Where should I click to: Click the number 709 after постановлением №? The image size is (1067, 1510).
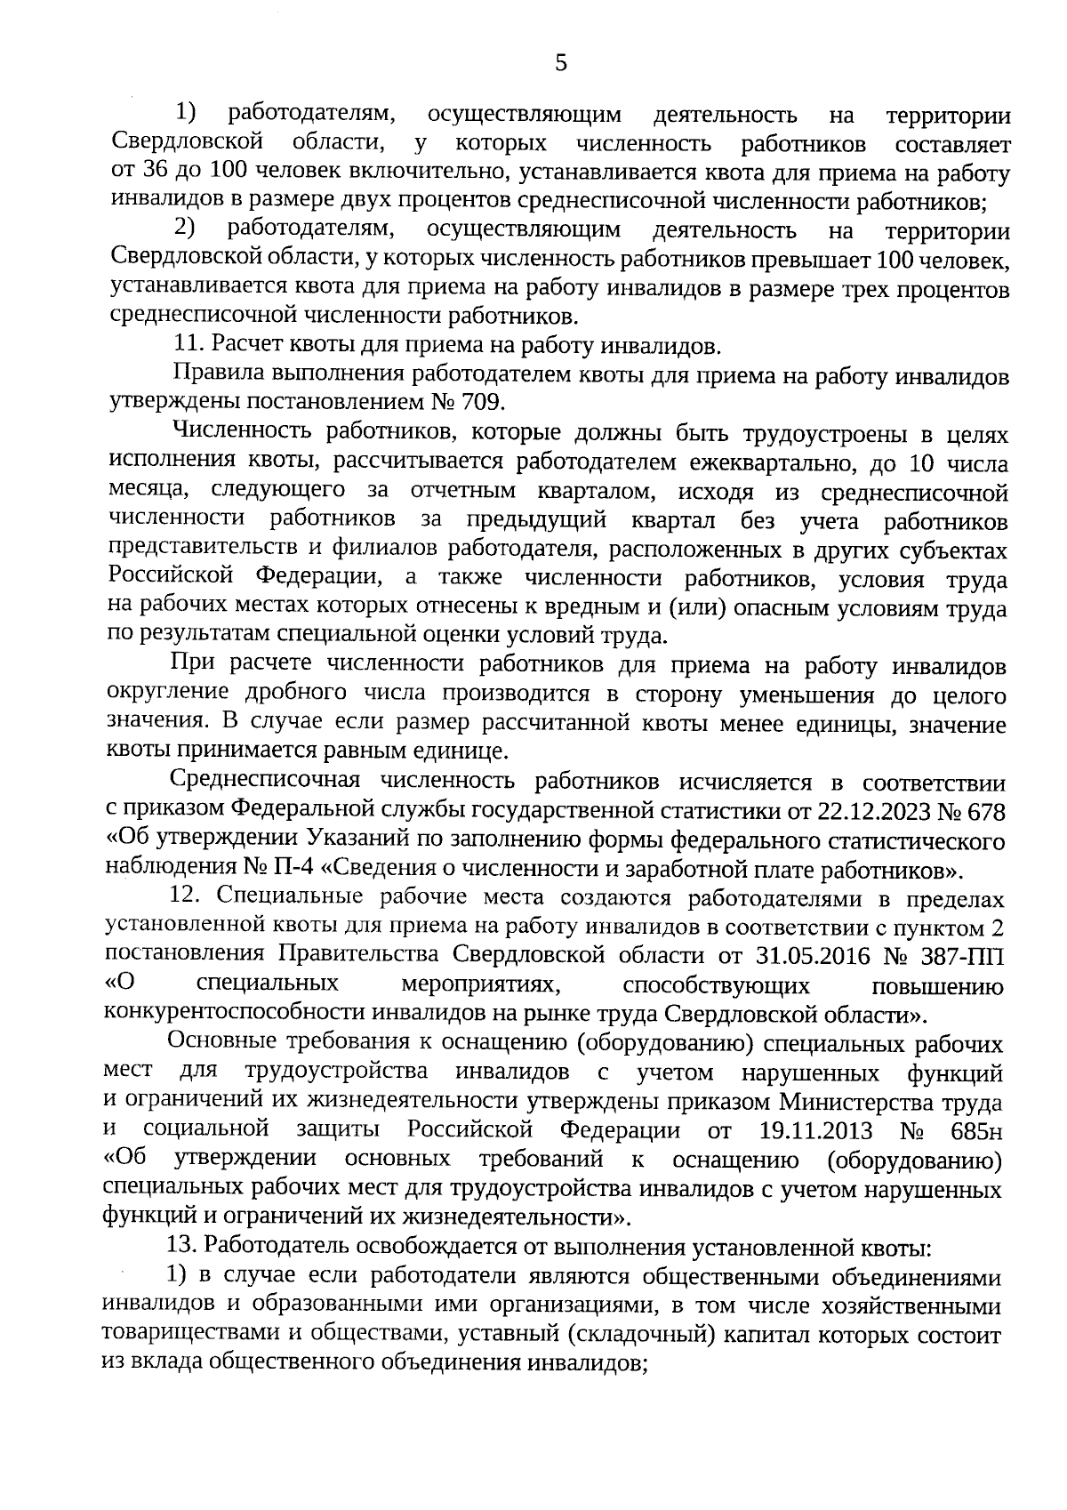tap(481, 402)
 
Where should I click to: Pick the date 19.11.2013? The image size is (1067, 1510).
tap(816, 1131)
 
